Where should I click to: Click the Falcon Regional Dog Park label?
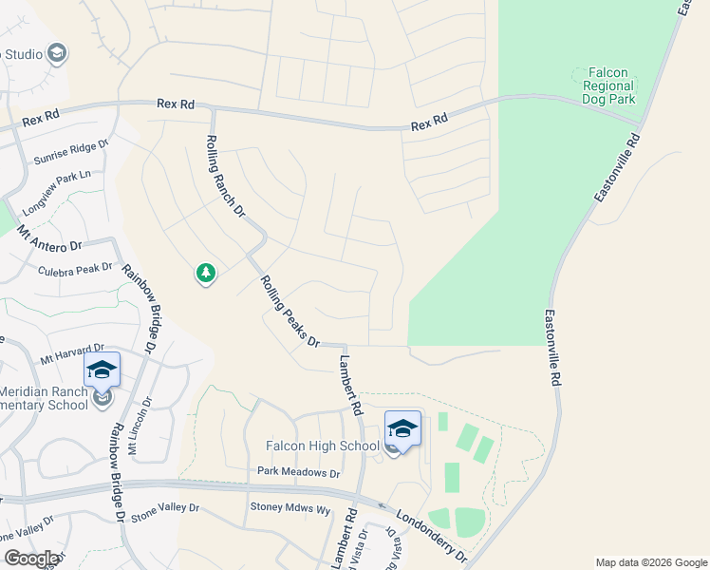pyautogui.click(x=605, y=85)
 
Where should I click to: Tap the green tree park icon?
pyautogui.click(x=205, y=274)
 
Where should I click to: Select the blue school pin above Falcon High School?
pyautogui.click(x=402, y=428)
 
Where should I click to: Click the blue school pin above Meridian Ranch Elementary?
pyautogui.click(x=102, y=370)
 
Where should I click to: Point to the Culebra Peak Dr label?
pyautogui.click(x=75, y=270)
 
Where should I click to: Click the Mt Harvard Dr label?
pyautogui.click(x=71, y=355)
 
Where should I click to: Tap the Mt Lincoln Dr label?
pyautogui.click(x=139, y=427)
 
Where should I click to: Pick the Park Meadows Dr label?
pyautogui.click(x=298, y=472)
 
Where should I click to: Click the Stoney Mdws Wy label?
pyautogui.click(x=290, y=508)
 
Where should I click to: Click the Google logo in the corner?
pyautogui.click(x=31, y=559)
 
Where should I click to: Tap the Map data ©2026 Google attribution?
pyautogui.click(x=651, y=562)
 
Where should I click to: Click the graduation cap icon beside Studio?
pyautogui.click(x=57, y=53)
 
